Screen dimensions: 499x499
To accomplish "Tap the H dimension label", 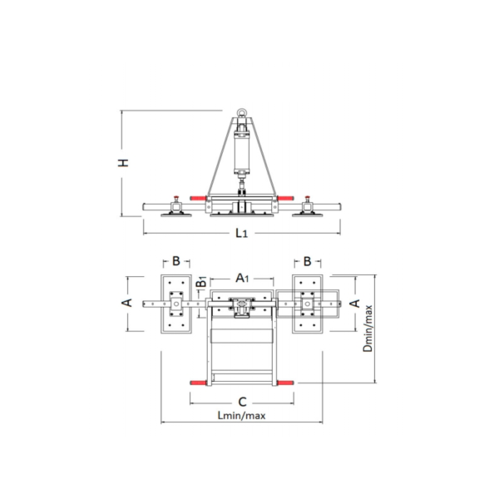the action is (x=123, y=163).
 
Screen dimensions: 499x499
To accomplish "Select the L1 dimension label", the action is (x=241, y=233).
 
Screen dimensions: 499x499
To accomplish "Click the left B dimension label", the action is (x=176, y=261).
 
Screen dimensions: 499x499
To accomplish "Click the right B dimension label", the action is (x=307, y=261).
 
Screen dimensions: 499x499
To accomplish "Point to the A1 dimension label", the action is (x=242, y=278).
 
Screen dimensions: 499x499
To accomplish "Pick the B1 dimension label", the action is (x=201, y=282).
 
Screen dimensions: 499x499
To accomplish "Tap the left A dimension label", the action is (x=127, y=303).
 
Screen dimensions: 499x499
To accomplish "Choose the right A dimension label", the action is (x=355, y=304).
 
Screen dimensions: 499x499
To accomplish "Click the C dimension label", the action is (x=242, y=402).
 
